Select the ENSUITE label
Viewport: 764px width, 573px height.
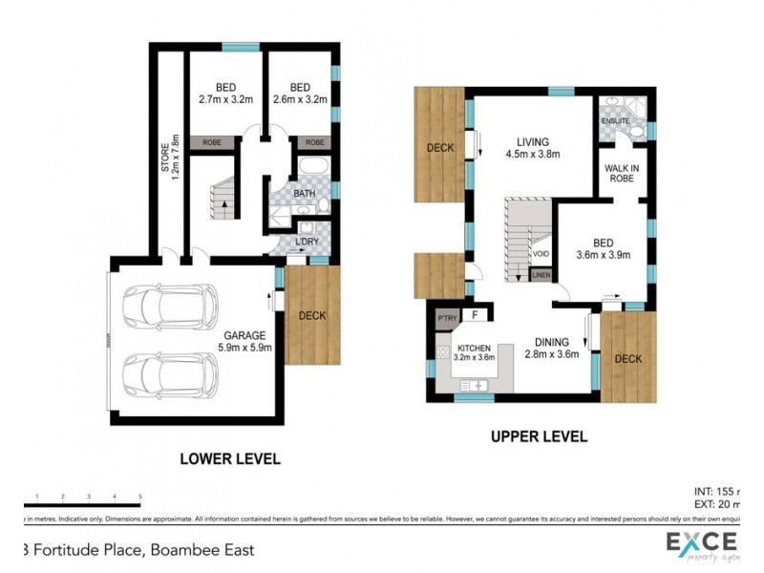[x=614, y=121]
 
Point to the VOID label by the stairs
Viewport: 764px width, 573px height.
[x=541, y=254]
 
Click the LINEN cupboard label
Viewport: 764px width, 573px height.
[x=541, y=275]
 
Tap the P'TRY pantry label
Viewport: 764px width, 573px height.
[x=445, y=316]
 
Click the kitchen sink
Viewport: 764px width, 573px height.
[x=475, y=384]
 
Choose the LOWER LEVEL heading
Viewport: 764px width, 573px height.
[x=230, y=459]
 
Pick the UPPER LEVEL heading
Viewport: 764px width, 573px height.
[x=538, y=436]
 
